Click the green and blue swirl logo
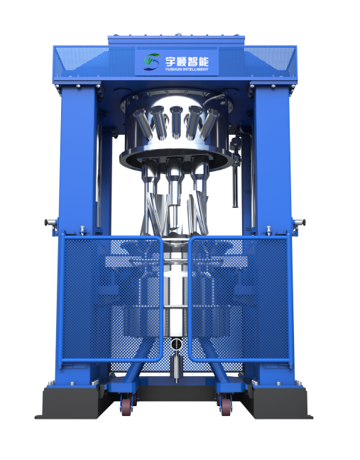click(x=152, y=62)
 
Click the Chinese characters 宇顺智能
click(x=187, y=61)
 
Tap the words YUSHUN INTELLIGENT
click(x=187, y=70)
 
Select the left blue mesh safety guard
click(x=111, y=299)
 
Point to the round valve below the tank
click(x=177, y=344)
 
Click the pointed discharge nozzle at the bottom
click(x=177, y=368)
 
